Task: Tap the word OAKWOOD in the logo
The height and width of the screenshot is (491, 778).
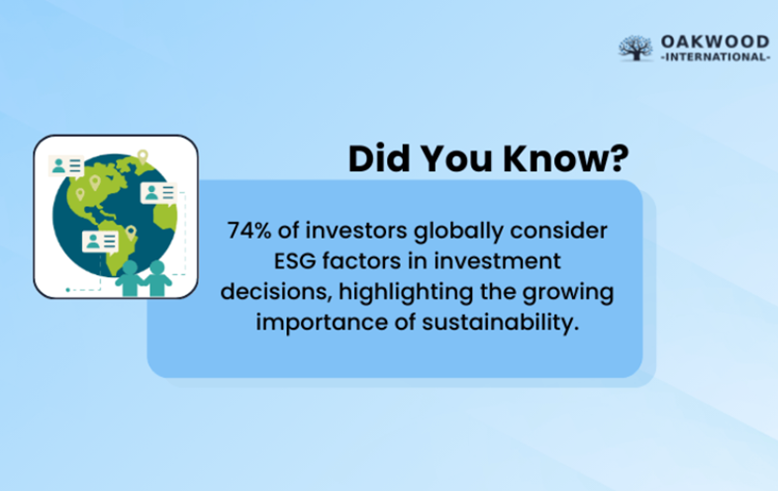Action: pos(713,41)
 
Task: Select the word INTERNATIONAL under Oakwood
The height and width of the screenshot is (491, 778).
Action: pos(713,57)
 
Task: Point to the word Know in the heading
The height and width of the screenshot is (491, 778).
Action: pos(553,159)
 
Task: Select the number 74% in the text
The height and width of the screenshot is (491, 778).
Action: pos(248,231)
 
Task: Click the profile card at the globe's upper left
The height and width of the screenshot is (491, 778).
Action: pos(66,166)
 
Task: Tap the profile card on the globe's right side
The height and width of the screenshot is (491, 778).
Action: pos(157,192)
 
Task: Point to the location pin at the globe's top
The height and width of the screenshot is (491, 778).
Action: pos(143,155)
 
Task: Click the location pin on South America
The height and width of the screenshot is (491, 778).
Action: pos(131,233)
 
